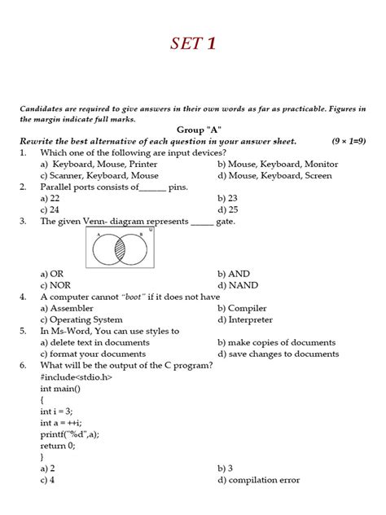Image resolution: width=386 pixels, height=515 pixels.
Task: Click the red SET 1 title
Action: pyautogui.click(x=192, y=43)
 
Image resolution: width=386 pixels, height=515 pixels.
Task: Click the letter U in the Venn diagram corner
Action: pyautogui.click(x=151, y=231)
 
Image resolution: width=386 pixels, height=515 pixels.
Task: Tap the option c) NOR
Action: pyautogui.click(x=56, y=286)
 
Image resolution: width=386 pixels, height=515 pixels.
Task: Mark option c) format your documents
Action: pyautogui.click(x=94, y=354)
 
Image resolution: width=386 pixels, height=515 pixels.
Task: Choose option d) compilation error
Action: pyautogui.click(x=261, y=480)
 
